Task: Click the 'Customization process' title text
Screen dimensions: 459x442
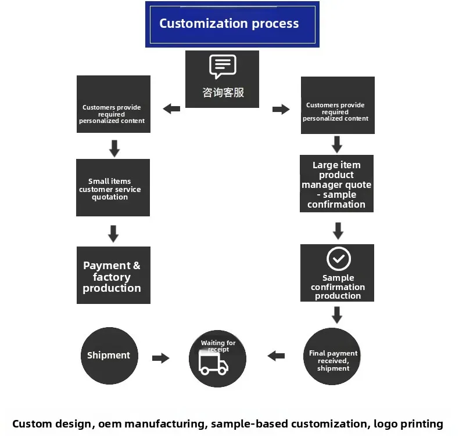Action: pos(229,24)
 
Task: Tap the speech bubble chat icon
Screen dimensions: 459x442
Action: pos(223,66)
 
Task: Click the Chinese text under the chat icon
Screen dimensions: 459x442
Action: pos(223,92)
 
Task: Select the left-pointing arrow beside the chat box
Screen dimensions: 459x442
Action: pos(171,109)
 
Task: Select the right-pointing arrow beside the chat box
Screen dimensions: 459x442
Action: pos(281,109)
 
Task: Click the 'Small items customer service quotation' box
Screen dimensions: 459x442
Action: pos(113,188)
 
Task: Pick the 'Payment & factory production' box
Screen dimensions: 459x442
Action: pos(113,275)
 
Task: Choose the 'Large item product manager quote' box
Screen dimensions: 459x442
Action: pos(336,183)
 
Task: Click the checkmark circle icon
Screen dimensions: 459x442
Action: pos(339,259)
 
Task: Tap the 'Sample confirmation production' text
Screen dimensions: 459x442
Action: pos(338,287)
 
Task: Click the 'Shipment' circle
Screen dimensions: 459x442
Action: pos(109,356)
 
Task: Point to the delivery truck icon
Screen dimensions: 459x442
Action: pos(213,363)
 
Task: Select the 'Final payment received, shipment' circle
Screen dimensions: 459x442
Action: pos(332,356)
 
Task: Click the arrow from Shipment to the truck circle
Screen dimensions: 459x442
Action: pos(161,358)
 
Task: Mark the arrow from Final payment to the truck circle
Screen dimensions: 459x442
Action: pos(276,356)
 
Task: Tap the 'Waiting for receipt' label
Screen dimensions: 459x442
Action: pos(218,346)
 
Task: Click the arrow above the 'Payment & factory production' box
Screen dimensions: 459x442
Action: pos(113,234)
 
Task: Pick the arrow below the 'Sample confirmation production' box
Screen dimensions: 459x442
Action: pos(337,315)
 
